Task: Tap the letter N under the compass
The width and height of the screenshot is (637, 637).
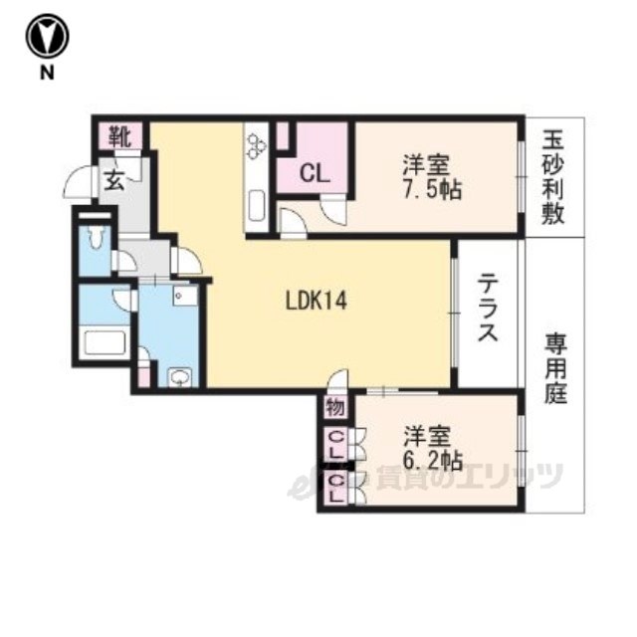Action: pyautogui.click(x=47, y=74)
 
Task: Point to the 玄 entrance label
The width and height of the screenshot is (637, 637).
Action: pyautogui.click(x=113, y=181)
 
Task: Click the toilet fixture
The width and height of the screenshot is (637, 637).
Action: pyautogui.click(x=96, y=240)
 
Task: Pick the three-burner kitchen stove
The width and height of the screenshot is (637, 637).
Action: pyautogui.click(x=257, y=145)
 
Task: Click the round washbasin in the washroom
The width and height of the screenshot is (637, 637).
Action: pyautogui.click(x=179, y=376)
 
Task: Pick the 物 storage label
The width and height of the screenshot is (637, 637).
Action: pyautogui.click(x=334, y=408)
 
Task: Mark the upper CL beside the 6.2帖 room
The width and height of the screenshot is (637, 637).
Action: pyautogui.click(x=336, y=444)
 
